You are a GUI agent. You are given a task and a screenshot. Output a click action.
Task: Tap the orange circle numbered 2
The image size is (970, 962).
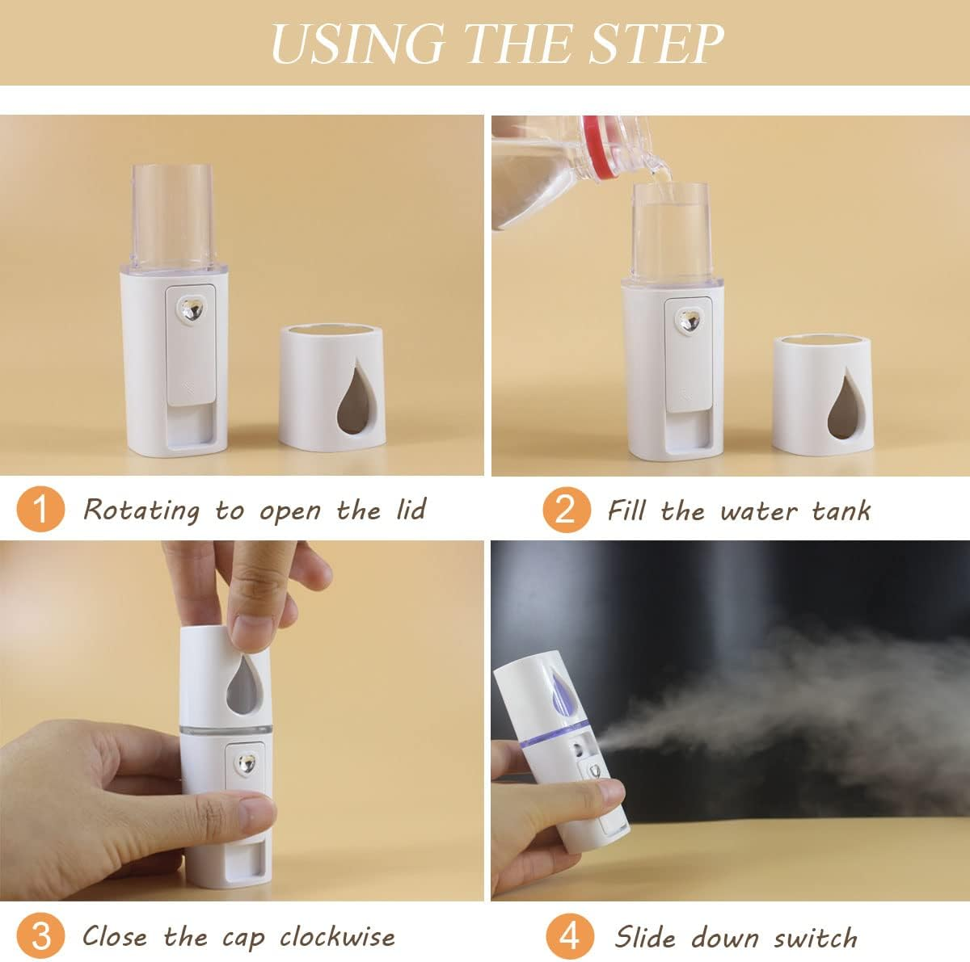point(566,510)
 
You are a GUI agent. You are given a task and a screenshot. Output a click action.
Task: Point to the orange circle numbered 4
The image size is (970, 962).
point(571,936)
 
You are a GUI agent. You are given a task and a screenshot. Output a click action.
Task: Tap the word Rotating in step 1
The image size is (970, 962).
point(141,510)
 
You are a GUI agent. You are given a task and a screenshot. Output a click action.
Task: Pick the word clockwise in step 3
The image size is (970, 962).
point(338,937)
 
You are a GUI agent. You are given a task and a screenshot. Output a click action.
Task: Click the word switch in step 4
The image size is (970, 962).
point(816,938)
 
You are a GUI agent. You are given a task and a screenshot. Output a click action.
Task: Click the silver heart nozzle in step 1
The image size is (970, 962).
point(192,309)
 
